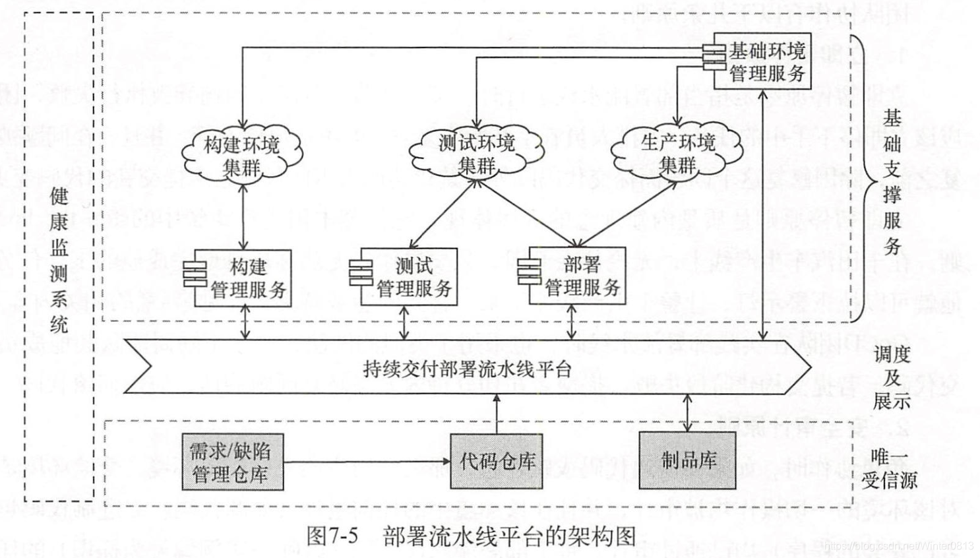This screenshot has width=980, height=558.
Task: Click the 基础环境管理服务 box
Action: (765, 61)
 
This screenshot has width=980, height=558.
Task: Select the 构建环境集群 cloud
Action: (242, 155)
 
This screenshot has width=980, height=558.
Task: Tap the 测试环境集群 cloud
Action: (476, 154)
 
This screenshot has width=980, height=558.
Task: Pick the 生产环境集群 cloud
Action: (677, 153)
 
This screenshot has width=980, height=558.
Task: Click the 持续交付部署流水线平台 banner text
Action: (467, 368)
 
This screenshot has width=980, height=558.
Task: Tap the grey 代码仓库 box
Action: (496, 461)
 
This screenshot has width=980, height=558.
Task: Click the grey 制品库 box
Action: (687, 460)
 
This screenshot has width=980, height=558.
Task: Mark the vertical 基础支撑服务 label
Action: (892, 182)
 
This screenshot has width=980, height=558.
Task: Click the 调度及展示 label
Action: (892, 377)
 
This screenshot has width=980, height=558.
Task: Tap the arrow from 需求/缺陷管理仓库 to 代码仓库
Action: (366, 461)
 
